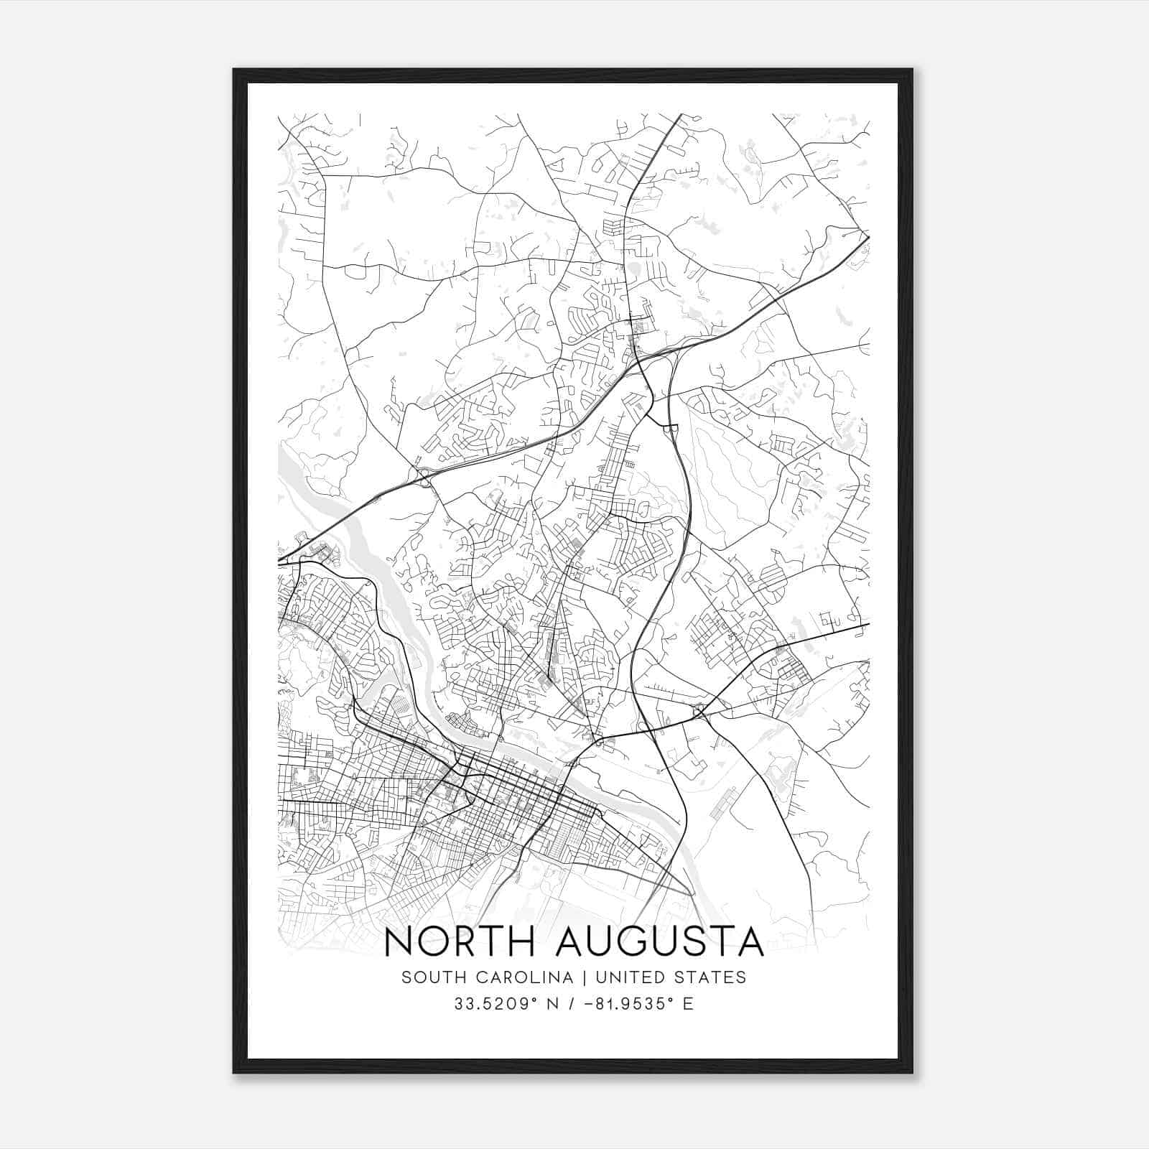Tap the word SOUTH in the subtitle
click(428, 977)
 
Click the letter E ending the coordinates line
click(689, 1004)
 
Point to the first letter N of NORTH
click(399, 942)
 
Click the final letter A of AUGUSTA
click(750, 942)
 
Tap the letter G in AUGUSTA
click(631, 942)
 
